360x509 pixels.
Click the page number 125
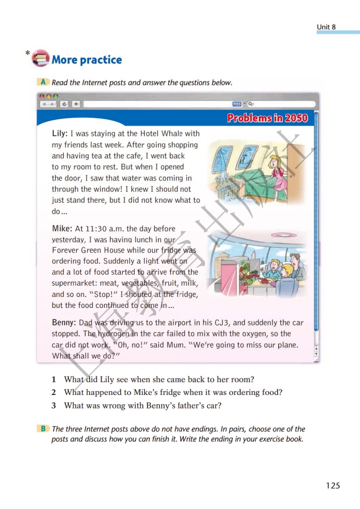point(333,486)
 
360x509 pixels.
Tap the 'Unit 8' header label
point(326,27)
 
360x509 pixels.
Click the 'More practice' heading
point(87,60)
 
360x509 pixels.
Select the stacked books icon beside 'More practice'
point(40,59)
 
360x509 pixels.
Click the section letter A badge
point(44,82)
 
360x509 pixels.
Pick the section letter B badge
point(44,429)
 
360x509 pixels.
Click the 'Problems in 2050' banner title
point(267,118)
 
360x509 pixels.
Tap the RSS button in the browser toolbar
point(237,104)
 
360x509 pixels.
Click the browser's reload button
point(64,104)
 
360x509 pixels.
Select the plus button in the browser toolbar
point(76,104)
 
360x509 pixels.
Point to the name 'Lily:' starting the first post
point(60,134)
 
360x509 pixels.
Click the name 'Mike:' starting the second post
point(62,229)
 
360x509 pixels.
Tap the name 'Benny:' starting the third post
point(64,322)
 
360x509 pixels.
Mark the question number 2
point(54,393)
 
